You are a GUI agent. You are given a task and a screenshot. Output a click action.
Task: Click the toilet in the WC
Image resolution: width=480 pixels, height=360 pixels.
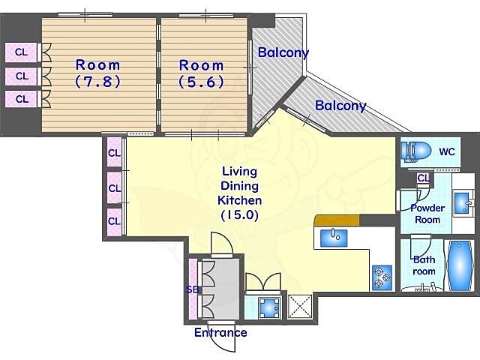tap(415, 151)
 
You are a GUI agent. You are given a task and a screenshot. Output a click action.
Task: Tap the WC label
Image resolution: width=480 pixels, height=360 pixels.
tap(447, 151)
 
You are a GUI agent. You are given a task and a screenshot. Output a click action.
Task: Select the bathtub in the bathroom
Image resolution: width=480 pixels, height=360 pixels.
tap(460, 265)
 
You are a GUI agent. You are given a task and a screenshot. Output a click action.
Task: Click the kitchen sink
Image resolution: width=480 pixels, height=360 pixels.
tap(333, 238)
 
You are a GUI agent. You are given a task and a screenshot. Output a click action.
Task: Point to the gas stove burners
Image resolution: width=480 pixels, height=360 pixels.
tap(382, 277)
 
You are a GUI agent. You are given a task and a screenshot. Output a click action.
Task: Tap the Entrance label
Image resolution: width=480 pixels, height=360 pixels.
tap(220, 332)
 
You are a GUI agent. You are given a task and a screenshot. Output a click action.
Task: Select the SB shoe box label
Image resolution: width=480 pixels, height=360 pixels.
tap(193, 289)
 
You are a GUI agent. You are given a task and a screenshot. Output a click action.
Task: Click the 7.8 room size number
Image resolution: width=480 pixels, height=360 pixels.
tap(98, 82)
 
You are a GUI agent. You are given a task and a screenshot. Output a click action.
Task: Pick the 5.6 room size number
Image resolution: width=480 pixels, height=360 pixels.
tap(201, 82)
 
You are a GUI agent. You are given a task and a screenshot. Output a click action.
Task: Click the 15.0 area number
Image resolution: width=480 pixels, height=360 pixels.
tap(240, 215)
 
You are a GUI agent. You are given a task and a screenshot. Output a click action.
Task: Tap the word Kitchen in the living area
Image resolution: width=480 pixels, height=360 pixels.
tap(240, 200)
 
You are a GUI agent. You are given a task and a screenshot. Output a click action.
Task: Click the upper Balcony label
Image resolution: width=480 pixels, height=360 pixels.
tap(283, 52)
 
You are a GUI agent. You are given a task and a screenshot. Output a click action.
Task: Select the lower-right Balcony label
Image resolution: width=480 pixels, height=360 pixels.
tap(340, 106)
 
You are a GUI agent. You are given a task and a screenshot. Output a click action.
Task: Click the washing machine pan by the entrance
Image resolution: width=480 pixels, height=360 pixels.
tap(268, 307)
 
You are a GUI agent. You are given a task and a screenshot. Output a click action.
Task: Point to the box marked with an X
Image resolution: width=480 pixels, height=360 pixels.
tap(300, 307)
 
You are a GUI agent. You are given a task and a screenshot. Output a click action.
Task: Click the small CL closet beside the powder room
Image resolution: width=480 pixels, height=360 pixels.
tap(424, 178)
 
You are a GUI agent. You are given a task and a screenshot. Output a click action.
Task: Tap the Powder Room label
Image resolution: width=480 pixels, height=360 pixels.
tap(427, 214)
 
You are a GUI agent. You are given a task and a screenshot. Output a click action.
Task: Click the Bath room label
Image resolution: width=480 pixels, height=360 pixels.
tap(424, 265)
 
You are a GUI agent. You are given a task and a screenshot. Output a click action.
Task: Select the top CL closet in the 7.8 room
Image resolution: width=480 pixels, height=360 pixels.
tap(21, 52)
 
